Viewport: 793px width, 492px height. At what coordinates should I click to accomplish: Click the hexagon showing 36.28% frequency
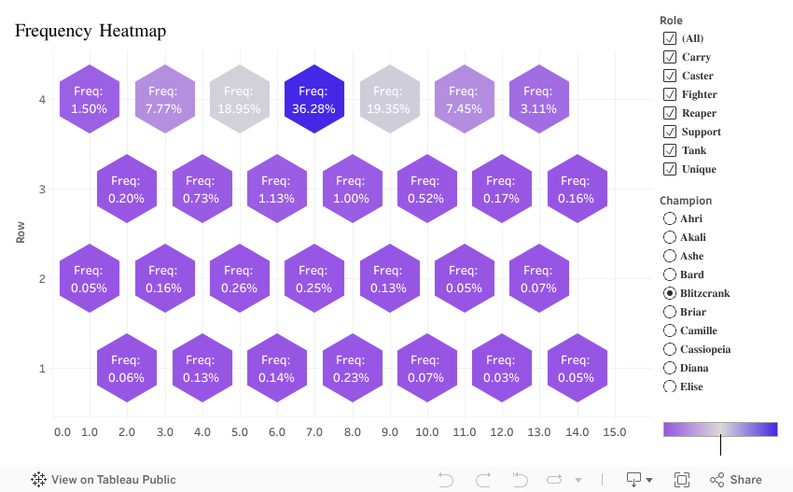[x=314, y=100]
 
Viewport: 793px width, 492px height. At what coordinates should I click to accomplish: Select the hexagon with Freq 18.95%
[x=239, y=100]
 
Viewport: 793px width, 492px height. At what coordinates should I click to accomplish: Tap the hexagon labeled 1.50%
[x=90, y=100]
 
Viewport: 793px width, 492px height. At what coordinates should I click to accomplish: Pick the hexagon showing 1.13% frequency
[x=276, y=190]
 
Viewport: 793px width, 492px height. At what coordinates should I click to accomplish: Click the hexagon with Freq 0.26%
[x=239, y=279]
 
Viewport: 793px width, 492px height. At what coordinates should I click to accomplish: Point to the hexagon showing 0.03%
[x=501, y=369]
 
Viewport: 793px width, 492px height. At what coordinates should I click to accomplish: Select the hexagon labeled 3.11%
[x=538, y=100]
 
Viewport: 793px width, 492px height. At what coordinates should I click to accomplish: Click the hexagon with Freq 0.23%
[x=352, y=369]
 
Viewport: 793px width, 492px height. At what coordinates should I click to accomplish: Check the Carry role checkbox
[x=669, y=57]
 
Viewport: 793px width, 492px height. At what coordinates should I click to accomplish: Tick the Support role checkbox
[x=669, y=132]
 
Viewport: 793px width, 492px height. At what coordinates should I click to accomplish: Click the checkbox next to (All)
[x=669, y=38]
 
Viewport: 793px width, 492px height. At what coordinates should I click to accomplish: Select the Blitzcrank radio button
[x=669, y=293]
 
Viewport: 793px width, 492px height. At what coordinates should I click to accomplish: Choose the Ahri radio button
[x=669, y=218]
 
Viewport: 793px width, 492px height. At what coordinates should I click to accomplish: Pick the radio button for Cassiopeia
[x=669, y=349]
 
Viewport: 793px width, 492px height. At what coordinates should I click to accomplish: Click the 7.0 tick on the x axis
[x=314, y=432]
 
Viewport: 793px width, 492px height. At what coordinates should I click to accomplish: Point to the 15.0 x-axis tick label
[x=614, y=432]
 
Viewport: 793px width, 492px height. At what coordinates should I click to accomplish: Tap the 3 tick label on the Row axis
[x=42, y=190]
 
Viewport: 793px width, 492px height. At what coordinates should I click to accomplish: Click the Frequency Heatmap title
[x=90, y=32]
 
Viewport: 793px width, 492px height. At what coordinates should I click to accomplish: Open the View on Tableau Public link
[x=104, y=480]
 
